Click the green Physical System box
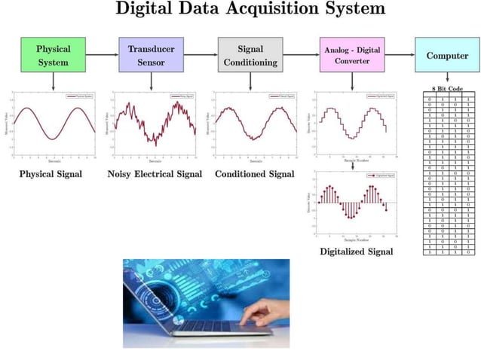click(53, 55)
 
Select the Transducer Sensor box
click(151, 55)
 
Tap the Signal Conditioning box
click(250, 55)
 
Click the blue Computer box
click(447, 55)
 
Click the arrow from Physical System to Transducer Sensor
click(102, 54)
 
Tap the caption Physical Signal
click(51, 174)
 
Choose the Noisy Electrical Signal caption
click(155, 174)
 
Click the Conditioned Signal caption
click(254, 174)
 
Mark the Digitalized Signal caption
click(356, 251)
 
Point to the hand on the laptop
click(268, 310)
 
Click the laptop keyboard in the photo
click(211, 326)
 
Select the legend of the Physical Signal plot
click(78, 96)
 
